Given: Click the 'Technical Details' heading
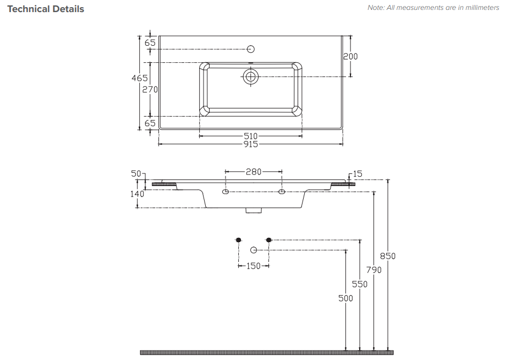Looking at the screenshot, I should [46, 9].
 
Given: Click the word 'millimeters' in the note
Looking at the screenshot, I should [479, 8].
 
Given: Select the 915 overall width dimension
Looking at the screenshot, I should [251, 144].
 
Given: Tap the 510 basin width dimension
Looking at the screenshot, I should [251, 136].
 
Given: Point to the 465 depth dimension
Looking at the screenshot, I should [139, 78].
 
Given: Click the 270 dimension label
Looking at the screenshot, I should [150, 89].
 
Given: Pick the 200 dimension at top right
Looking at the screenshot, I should [350, 56].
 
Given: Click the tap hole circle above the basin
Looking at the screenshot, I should [251, 49].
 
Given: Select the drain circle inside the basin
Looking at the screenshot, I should [251, 77].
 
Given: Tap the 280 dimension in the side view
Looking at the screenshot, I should [253, 172].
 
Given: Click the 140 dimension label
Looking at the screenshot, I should [138, 194].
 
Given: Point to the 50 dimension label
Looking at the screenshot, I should [136, 174].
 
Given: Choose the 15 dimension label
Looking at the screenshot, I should [358, 174].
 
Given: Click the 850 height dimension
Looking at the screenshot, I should [388, 256].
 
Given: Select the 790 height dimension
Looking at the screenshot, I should [374, 270].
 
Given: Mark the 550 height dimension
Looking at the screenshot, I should [360, 284].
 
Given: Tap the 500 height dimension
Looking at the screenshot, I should [345, 298].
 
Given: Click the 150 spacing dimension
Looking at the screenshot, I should [253, 266].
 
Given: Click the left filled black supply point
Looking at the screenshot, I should [238, 239].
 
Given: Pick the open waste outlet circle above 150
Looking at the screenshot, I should [254, 250].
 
